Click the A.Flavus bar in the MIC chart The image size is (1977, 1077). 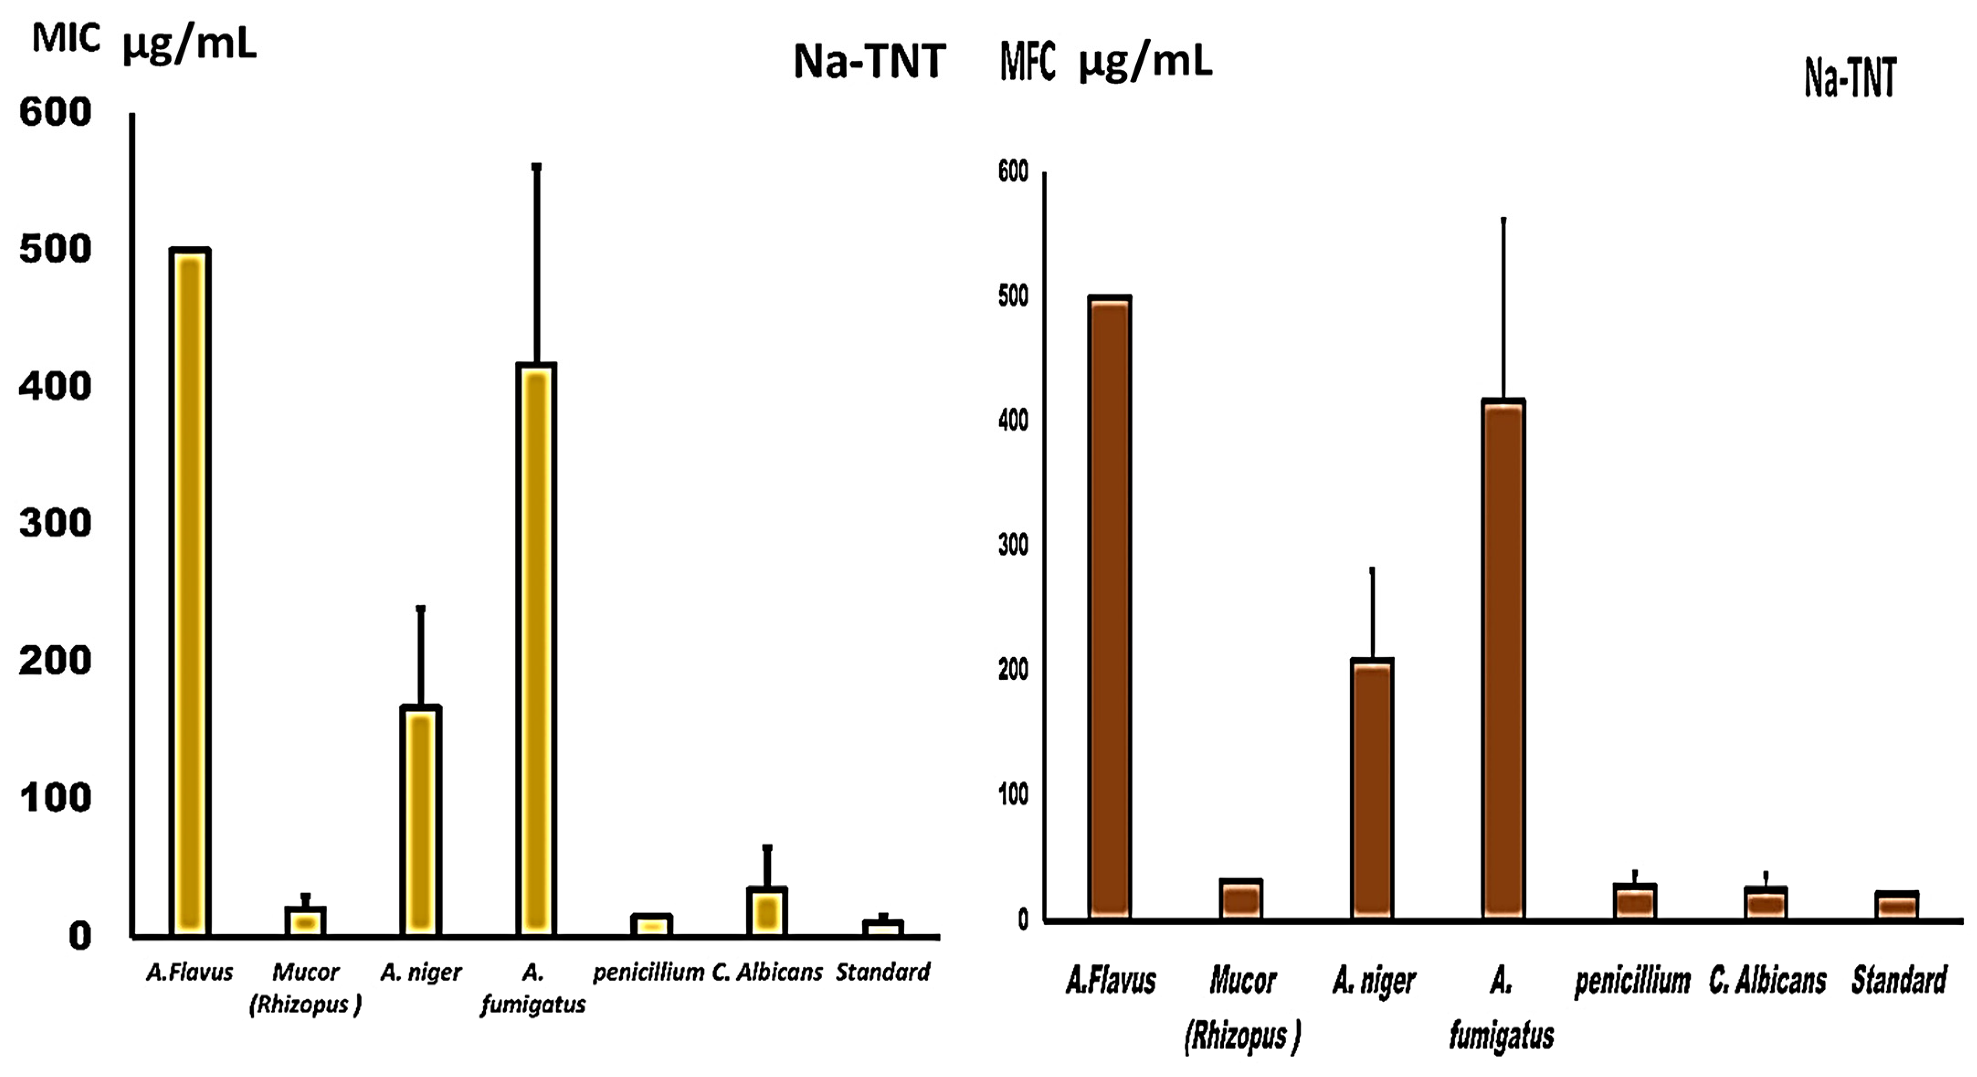pos(190,591)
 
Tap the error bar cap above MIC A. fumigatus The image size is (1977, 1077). pos(537,167)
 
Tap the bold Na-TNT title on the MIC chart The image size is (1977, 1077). pos(869,61)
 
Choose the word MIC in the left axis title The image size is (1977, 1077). pos(66,38)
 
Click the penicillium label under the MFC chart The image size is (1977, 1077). pos(1632,981)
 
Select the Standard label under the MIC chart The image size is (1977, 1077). pos(883,972)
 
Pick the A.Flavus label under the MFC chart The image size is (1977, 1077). pos(1111,981)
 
